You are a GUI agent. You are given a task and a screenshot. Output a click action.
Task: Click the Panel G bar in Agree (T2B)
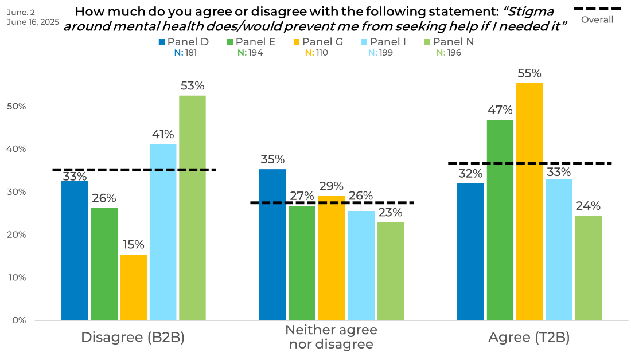pos(529,201)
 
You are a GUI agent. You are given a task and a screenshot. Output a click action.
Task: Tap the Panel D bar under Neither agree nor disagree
pos(273,244)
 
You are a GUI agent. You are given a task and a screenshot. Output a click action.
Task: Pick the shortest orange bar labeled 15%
pos(133,287)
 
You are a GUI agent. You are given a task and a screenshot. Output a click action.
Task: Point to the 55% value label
pos(529,74)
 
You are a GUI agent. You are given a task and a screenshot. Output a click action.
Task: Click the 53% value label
pos(192,86)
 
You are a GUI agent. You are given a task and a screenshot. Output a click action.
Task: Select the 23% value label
pos(390,213)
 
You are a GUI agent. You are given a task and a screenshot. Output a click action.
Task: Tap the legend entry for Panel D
pos(184,42)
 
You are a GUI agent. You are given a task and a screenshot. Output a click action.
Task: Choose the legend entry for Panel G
pos(318,42)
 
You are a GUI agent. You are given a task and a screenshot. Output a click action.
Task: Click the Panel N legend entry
pos(449,42)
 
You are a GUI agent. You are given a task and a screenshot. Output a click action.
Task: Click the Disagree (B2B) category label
pos(133,338)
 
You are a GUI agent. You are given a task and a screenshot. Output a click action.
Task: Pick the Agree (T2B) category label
pos(529,338)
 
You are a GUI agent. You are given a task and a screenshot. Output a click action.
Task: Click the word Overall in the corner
pos(597,19)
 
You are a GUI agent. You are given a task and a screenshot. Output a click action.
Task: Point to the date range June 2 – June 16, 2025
pos(33,17)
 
